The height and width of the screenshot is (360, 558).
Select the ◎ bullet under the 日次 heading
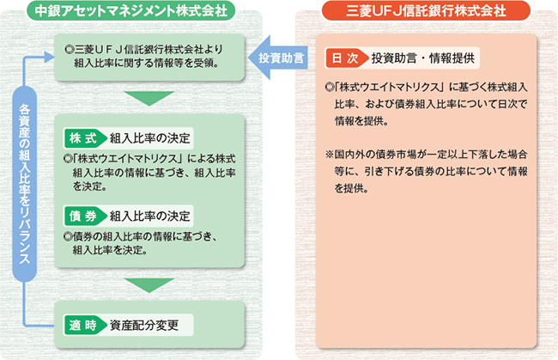point(331,88)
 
